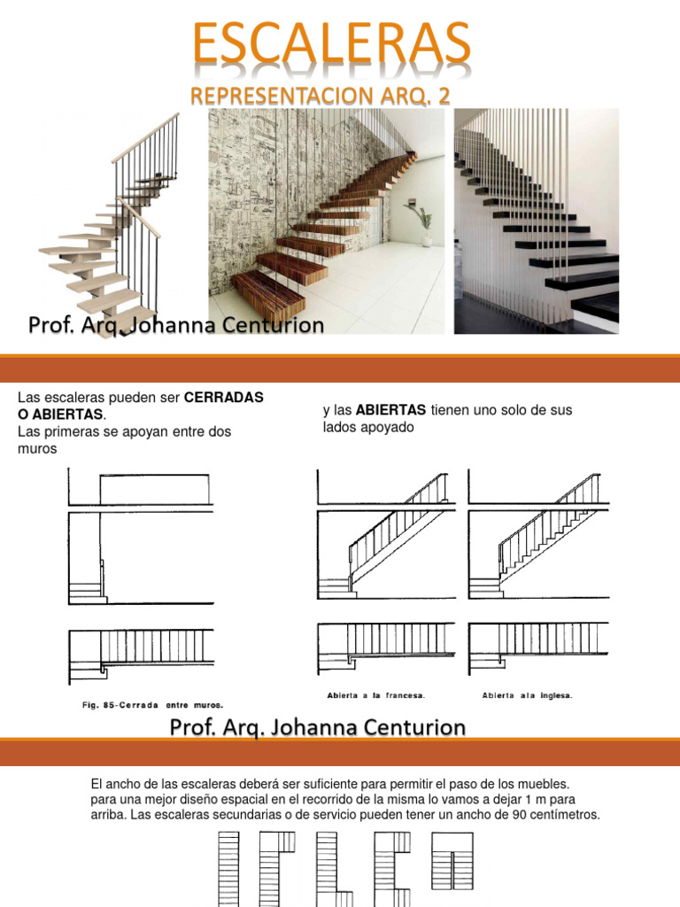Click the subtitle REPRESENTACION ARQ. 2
click(x=321, y=97)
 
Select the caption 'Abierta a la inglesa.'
click(x=528, y=694)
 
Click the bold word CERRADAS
click(x=224, y=398)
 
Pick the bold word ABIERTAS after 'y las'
click(x=392, y=410)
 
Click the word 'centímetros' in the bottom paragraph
click(x=560, y=814)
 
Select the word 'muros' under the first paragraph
click(x=36, y=448)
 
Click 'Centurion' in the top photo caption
click(x=276, y=327)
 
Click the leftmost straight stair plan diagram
click(x=228, y=868)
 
